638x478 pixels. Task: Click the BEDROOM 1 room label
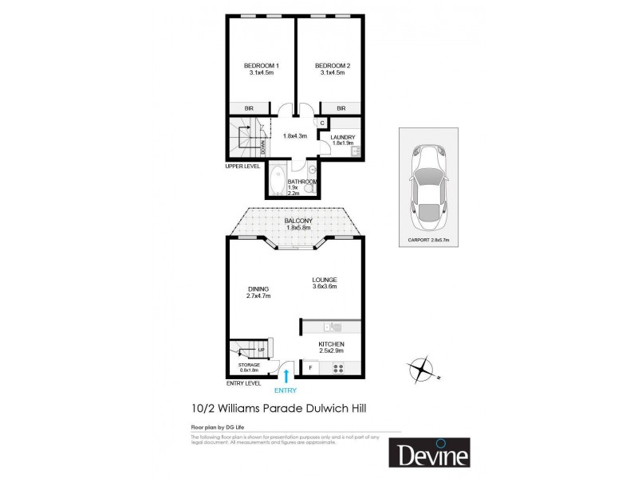pos(261,65)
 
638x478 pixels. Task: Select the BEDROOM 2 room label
pos(333,65)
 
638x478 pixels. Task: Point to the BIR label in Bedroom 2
pos(341,108)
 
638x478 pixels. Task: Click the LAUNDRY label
pos(342,137)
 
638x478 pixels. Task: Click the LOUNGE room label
pos(325,280)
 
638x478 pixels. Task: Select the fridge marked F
pos(310,369)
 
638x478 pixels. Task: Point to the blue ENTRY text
pos(285,390)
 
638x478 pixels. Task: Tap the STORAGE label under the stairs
pos(250,365)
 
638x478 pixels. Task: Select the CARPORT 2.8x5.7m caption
pos(428,239)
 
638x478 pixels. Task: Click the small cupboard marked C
pos(323,123)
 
